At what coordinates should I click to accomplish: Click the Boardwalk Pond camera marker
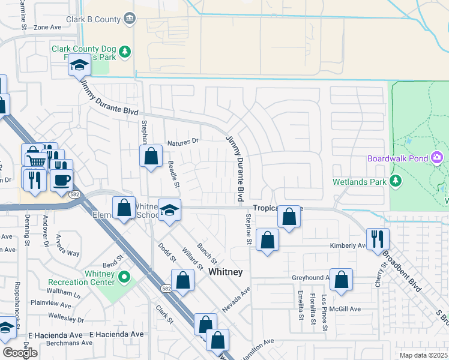click(437, 158)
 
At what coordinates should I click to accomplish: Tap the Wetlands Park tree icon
click(396, 181)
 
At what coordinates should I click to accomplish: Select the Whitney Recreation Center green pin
click(124, 277)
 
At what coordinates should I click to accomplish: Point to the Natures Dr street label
click(182, 142)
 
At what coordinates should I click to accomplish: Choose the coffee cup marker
click(61, 179)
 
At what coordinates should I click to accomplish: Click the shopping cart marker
click(37, 161)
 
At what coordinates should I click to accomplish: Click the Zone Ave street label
click(47, 27)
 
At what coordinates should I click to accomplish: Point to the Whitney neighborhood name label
click(225, 272)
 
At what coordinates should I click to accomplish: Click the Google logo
click(20, 352)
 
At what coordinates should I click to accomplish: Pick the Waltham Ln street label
click(64, 294)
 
